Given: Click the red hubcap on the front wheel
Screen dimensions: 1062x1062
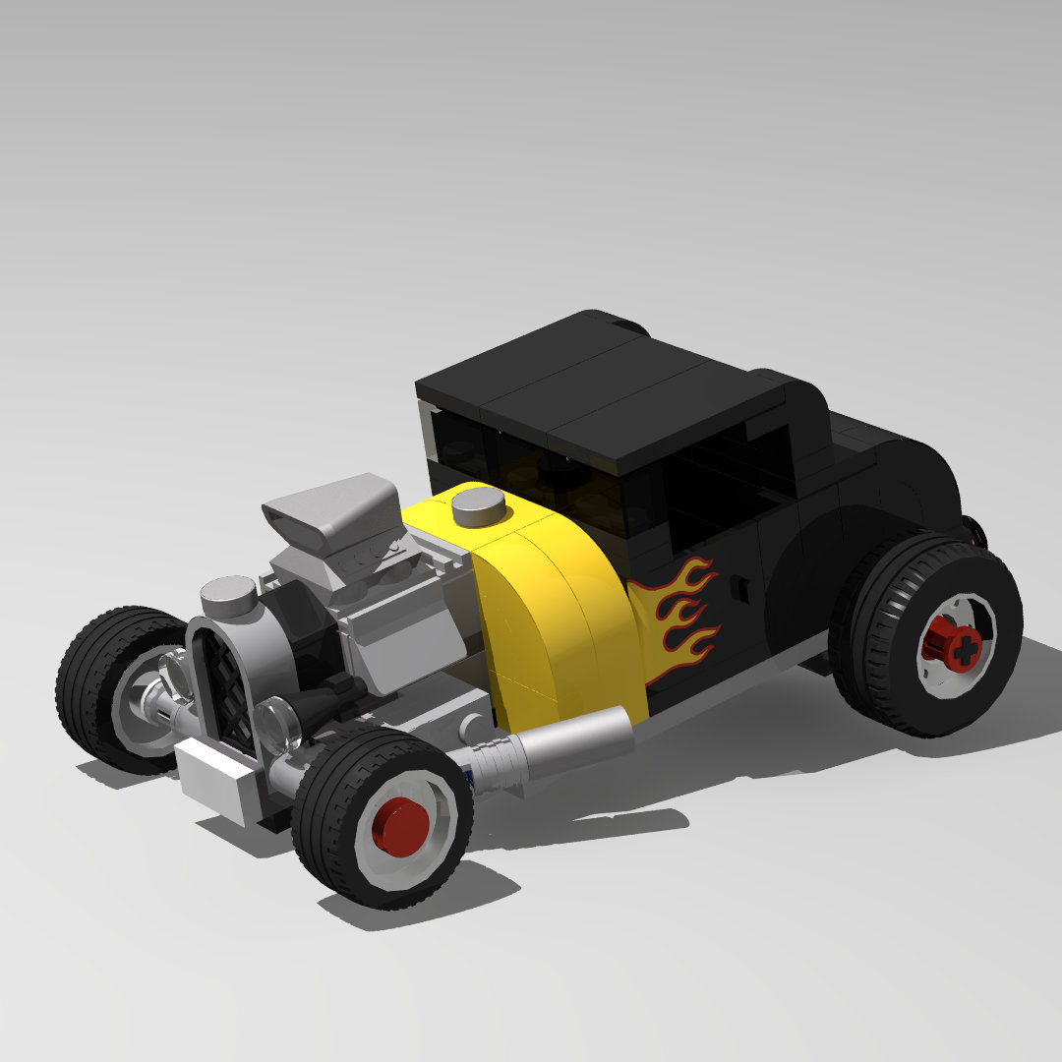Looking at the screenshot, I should [400, 823].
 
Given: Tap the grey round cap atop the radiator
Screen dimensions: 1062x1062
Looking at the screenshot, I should [228, 594].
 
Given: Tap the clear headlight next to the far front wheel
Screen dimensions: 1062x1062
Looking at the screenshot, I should [175, 675].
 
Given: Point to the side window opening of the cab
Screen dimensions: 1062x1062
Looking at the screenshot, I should [728, 482].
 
